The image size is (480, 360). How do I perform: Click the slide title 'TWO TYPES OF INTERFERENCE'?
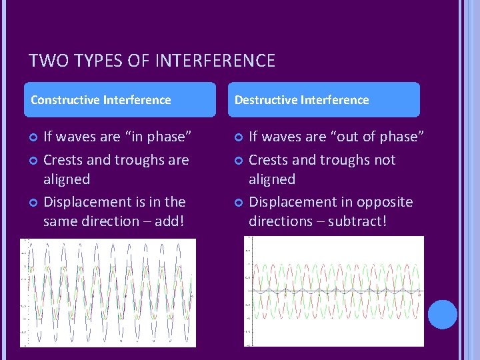(x=152, y=61)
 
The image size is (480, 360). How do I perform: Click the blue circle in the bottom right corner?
(x=442, y=315)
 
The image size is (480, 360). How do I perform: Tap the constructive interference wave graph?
(x=108, y=293)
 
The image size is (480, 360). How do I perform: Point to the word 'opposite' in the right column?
(x=387, y=202)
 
